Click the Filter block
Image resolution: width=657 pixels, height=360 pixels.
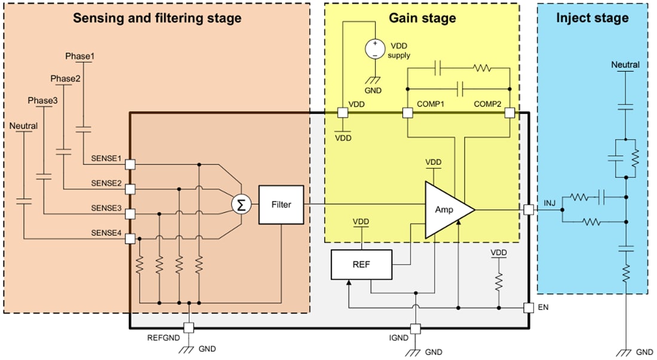point(281,205)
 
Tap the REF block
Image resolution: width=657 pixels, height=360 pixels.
point(361,264)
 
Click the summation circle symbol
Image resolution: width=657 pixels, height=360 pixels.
point(241,205)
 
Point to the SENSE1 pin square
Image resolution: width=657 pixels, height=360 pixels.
point(130,164)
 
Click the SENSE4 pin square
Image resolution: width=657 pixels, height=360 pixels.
point(130,239)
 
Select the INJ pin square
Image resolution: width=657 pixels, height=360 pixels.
point(529,210)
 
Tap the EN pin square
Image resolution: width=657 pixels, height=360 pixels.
point(529,308)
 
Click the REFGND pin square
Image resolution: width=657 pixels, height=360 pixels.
point(189,328)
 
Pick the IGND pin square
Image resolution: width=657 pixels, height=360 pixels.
point(416,328)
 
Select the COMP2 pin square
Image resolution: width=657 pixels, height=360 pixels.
point(509,112)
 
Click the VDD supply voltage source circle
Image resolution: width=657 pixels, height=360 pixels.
point(375,48)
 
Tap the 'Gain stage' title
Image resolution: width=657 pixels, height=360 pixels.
point(422,18)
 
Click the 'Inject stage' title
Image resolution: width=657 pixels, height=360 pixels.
point(592,18)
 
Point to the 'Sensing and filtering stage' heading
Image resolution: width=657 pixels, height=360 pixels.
point(157,18)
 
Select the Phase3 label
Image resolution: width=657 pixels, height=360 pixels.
point(42,100)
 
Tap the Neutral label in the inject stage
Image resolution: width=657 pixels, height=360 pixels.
point(625,64)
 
